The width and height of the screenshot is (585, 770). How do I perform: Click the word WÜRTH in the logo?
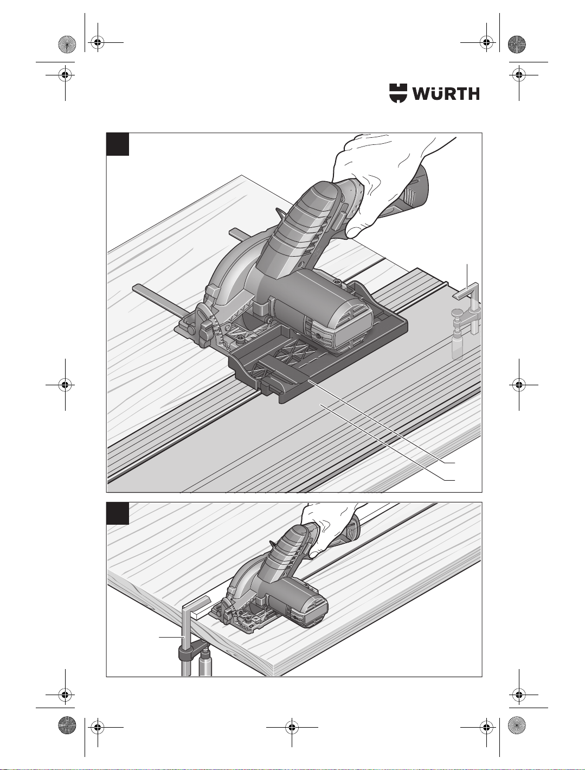click(446, 93)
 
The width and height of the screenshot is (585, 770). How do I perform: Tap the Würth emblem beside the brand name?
click(398, 93)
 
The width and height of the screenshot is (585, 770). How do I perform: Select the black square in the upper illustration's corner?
click(118, 144)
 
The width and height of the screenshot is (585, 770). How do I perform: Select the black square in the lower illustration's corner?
click(118, 513)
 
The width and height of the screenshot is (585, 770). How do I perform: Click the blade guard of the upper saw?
click(224, 277)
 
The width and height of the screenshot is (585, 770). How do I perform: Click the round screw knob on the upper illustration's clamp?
click(458, 313)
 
